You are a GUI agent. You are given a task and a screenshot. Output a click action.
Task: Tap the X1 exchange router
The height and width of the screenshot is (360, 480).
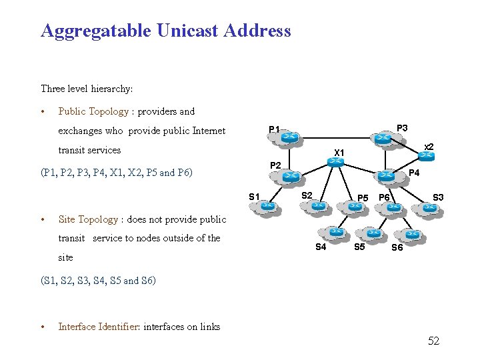pyautogui.click(x=337, y=162)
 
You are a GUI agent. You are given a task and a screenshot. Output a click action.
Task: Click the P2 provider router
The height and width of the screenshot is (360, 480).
pyautogui.click(x=290, y=177)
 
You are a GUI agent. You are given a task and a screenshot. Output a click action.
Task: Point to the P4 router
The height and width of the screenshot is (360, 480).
pyautogui.click(x=386, y=175)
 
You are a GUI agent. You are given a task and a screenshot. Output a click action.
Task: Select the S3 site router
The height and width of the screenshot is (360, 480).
pyautogui.click(x=429, y=208)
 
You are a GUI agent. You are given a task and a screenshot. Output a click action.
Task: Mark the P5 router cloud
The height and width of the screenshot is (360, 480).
pyautogui.click(x=355, y=207)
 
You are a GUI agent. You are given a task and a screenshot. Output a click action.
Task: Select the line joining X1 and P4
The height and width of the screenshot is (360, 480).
pyautogui.click(x=361, y=169)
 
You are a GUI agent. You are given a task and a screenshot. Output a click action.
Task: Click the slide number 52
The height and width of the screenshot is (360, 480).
pyautogui.click(x=433, y=341)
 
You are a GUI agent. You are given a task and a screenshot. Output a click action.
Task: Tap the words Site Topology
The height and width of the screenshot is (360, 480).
pyautogui.click(x=88, y=219)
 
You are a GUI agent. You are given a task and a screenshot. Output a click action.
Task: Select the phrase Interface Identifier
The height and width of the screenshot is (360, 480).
pyautogui.click(x=98, y=326)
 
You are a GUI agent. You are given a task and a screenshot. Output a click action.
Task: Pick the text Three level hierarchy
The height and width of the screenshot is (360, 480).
pyautogui.click(x=87, y=89)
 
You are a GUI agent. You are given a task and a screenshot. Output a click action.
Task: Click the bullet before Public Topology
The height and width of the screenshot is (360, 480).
pyautogui.click(x=43, y=112)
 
